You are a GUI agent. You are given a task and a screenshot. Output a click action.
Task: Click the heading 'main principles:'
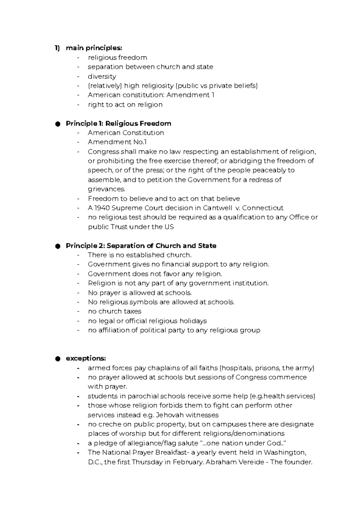point(94,48)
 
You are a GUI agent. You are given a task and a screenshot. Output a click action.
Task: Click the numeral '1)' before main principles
point(57,48)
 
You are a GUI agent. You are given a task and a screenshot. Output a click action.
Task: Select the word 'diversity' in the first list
point(102,76)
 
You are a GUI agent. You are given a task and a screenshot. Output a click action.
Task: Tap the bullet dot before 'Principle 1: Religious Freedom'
point(57,124)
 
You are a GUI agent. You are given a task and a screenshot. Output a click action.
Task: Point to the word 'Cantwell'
point(217,208)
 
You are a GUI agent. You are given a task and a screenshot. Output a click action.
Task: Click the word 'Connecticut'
point(263,208)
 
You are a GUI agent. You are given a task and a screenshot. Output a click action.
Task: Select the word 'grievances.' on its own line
point(106,189)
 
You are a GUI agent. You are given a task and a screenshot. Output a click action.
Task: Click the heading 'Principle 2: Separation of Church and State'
point(141,246)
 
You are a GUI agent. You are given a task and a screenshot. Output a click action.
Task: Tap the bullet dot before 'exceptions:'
point(57,359)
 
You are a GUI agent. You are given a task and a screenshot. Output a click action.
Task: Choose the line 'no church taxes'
point(115,311)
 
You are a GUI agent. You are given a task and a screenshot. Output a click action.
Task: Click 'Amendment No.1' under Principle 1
point(117,142)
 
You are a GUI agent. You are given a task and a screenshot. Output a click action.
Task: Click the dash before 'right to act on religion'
point(79,105)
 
